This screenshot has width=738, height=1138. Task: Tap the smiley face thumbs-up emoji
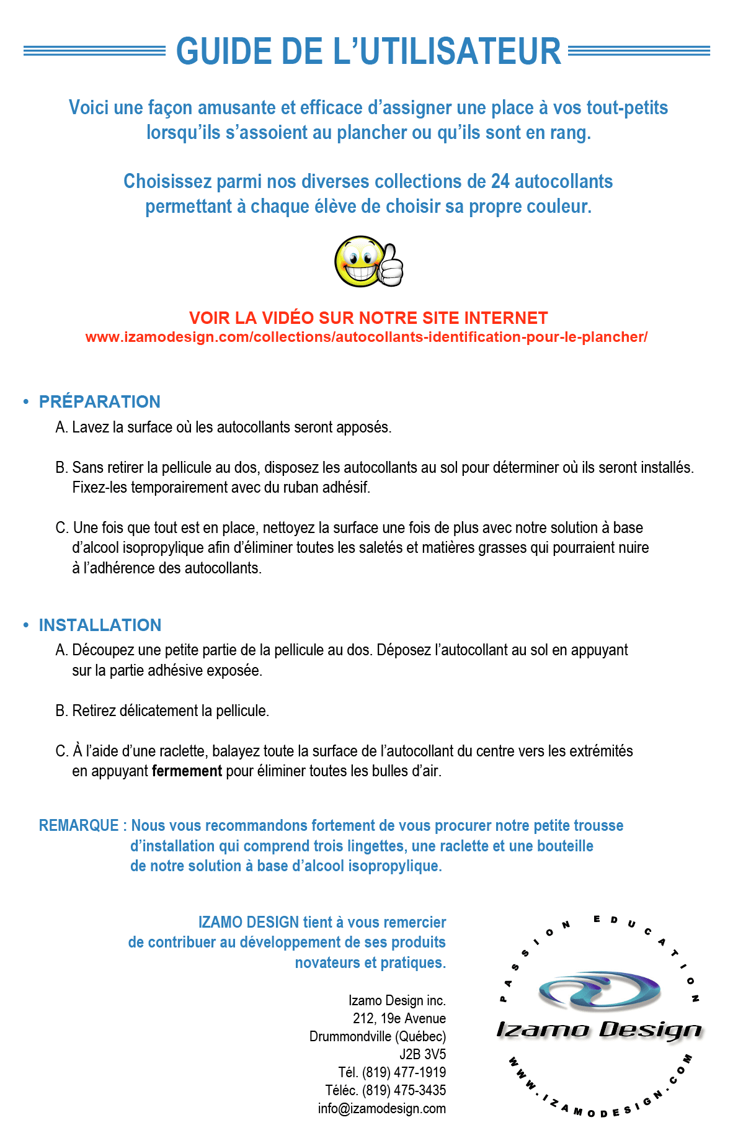pyautogui.click(x=368, y=261)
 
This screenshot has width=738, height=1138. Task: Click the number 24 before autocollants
pyautogui.click(x=500, y=181)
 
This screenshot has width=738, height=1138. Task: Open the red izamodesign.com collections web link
pyautogui.click(x=366, y=337)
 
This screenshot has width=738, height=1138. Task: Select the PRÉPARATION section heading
pyautogui.click(x=99, y=401)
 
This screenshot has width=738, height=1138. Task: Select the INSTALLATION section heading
pyautogui.click(x=100, y=625)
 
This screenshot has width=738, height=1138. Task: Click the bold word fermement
pyautogui.click(x=187, y=771)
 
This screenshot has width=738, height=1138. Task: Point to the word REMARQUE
pyautogui.click(x=78, y=825)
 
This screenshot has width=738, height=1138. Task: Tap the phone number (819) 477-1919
pyautogui.click(x=404, y=1072)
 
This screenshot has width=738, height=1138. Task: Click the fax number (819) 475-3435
pyautogui.click(x=404, y=1090)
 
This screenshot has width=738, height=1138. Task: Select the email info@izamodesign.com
pyautogui.click(x=381, y=1108)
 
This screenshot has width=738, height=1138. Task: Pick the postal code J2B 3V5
pyautogui.click(x=422, y=1054)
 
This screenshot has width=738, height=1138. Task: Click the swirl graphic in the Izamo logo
pyautogui.click(x=598, y=989)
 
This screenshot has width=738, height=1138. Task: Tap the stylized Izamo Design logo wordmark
pyautogui.click(x=598, y=1030)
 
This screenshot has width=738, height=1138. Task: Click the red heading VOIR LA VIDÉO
pyautogui.click(x=368, y=318)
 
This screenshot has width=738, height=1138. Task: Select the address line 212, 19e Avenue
pyautogui.click(x=399, y=1018)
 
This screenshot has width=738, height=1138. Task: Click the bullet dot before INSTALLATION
pyautogui.click(x=26, y=625)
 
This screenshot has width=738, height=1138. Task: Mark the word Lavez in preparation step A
pyautogui.click(x=90, y=428)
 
